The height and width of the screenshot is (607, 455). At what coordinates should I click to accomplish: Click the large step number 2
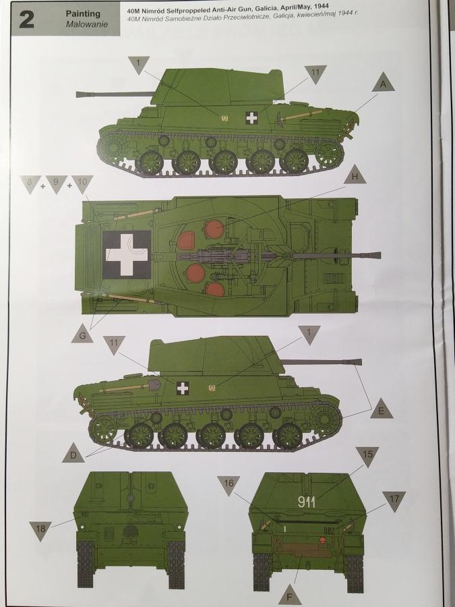[x=26, y=20]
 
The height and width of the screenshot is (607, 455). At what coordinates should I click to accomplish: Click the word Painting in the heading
[x=83, y=14]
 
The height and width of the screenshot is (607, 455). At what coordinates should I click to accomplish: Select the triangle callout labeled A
[x=383, y=83]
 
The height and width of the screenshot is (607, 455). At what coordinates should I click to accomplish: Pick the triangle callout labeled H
[x=355, y=176]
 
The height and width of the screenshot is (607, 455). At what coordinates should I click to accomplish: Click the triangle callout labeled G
[x=82, y=335]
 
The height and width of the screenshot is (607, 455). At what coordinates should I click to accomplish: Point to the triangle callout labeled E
[x=381, y=409]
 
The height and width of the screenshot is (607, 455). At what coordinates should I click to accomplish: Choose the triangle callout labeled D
[x=73, y=454]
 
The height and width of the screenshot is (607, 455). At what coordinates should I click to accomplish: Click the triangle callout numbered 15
[x=367, y=455]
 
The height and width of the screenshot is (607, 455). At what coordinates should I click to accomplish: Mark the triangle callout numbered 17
[x=394, y=500]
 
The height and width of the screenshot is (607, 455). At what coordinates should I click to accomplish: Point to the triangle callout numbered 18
[x=40, y=529]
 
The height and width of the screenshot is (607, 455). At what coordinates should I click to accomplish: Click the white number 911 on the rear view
[x=307, y=502]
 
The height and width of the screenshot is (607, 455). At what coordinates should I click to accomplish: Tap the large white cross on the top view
[x=127, y=255]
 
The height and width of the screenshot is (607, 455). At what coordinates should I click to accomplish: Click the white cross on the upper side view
[x=252, y=117]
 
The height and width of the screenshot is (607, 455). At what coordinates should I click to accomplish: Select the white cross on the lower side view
[x=183, y=388]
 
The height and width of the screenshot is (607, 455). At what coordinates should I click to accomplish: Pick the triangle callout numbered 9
[x=57, y=183]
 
